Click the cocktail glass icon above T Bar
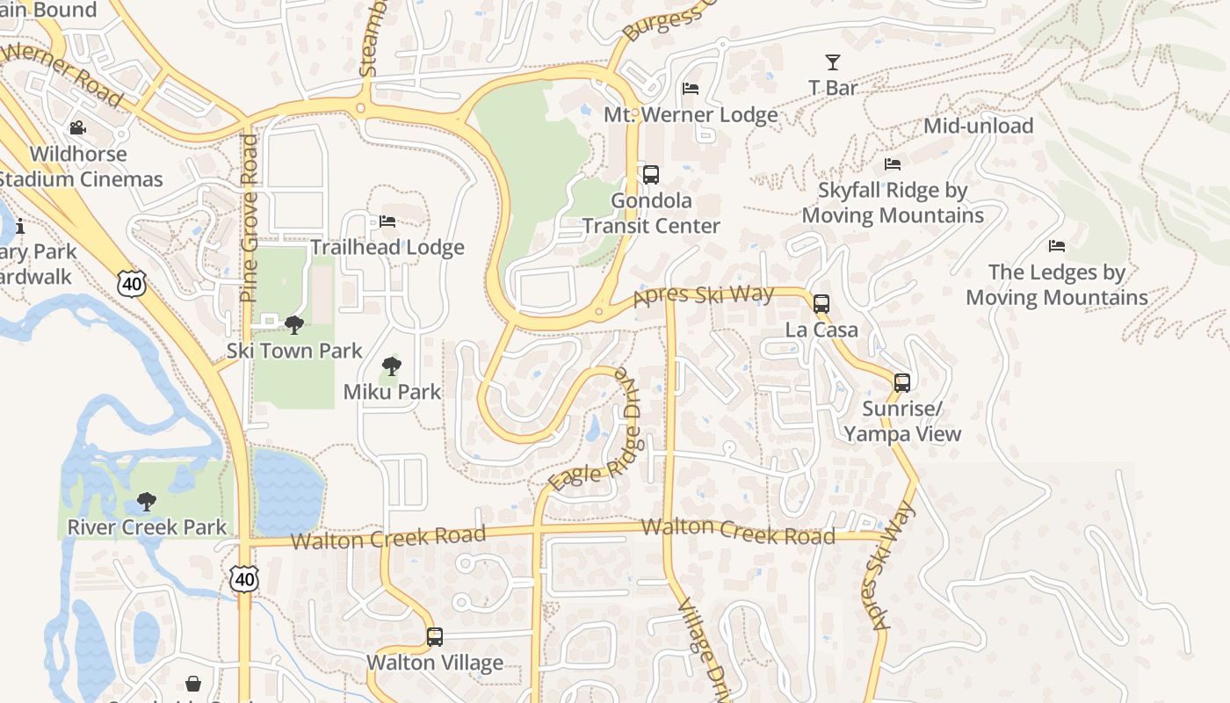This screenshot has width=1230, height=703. coord(832,62)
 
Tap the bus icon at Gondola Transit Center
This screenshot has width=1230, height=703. coord(650,175)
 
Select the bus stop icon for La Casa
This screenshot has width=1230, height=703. coord(821,304)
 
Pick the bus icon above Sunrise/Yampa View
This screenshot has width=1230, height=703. coord(901,383)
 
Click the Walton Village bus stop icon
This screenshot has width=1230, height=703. coord(434,637)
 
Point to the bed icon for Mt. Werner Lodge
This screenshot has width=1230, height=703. coord(691,89)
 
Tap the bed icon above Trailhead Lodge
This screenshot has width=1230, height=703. coord(387,221)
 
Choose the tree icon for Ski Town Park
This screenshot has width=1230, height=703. coord(294,325)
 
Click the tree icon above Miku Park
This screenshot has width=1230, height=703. coord(392,366)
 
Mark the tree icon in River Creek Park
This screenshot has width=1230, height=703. coord(147,503)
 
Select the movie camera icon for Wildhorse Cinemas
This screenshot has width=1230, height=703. coord(78,128)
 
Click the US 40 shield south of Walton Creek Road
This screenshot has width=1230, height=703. coord(245,578)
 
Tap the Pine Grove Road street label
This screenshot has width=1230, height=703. coord(249,219)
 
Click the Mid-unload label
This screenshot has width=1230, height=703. coord(978,126)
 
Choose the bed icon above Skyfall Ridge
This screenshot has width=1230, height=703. coord(892,164)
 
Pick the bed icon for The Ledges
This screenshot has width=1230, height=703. coord(1056,246)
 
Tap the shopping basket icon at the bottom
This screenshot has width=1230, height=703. coord(193,684)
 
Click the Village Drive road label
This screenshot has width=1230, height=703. coord(705,650)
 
